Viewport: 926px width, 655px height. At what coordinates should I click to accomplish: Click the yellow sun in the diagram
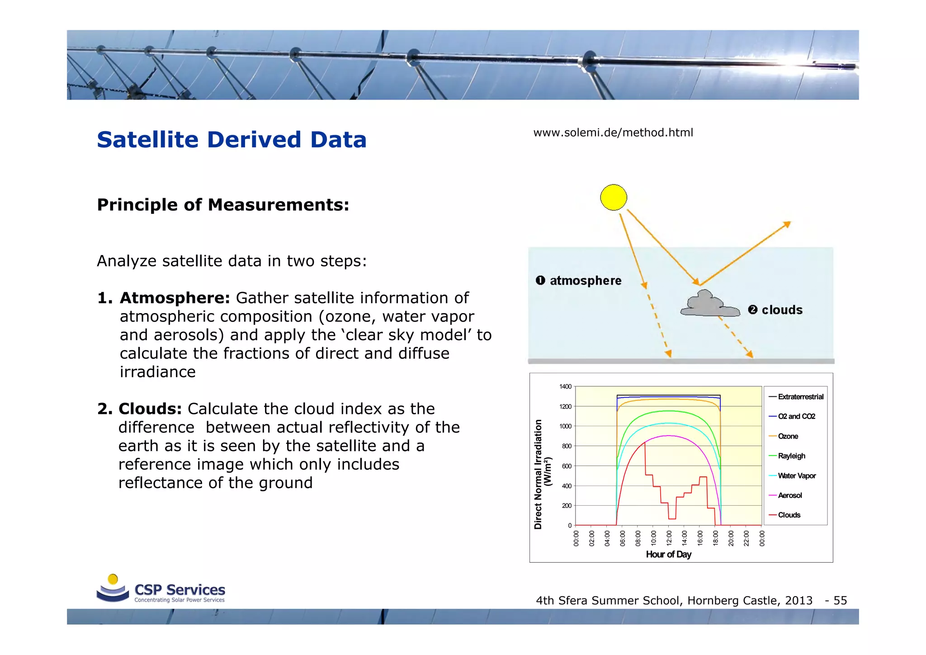point(614,198)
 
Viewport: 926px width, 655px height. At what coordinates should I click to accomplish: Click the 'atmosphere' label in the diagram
point(585,281)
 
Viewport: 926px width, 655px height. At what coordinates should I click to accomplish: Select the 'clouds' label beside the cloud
point(782,310)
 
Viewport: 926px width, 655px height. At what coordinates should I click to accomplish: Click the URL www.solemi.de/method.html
point(613,133)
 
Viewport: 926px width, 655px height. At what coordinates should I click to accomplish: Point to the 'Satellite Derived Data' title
point(231,139)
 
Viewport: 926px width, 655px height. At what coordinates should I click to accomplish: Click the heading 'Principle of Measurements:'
point(223,205)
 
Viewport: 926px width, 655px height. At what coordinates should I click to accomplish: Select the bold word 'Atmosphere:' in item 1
point(175,298)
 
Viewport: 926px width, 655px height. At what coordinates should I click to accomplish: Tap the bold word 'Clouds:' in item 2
point(150,409)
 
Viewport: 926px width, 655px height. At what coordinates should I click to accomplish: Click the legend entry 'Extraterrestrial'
point(800,397)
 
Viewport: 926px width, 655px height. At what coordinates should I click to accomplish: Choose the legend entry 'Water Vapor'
point(797,476)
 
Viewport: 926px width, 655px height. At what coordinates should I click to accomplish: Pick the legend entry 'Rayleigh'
point(791,456)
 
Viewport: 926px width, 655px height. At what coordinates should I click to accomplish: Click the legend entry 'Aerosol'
point(790,495)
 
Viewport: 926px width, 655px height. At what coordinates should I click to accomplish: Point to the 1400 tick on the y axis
point(565,387)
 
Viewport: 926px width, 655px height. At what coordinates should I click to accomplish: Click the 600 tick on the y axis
point(567,466)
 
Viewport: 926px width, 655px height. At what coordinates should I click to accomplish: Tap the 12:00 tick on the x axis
point(669,538)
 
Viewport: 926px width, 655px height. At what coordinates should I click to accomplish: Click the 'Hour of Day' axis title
point(668,554)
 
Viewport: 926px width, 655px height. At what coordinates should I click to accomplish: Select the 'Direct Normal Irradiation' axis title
point(538,474)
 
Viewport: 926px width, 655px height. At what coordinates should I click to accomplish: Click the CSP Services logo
point(161,589)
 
